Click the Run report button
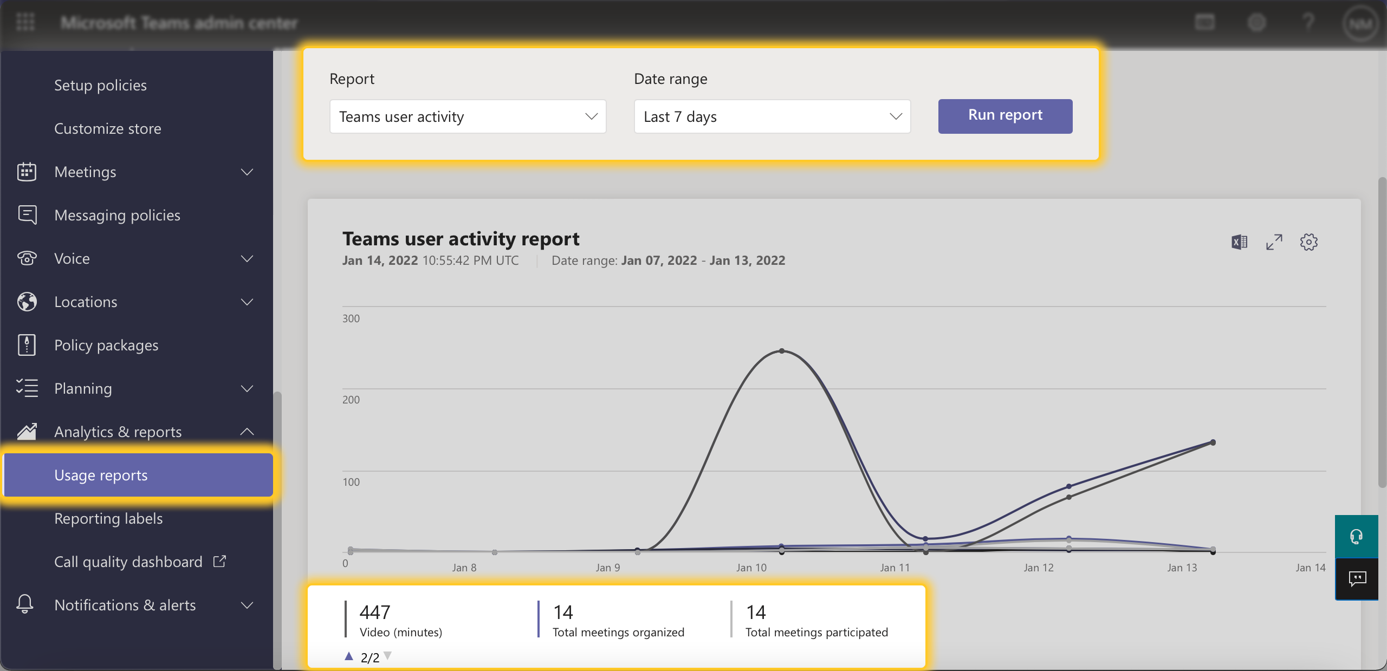pos(1005,116)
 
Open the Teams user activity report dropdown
pos(468,116)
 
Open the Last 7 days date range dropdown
pos(772,116)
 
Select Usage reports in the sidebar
pos(101,475)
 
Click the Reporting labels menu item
pos(108,518)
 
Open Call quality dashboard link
pos(128,562)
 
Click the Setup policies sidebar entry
pos(100,85)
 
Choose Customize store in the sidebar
pos(107,128)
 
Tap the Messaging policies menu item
pos(117,215)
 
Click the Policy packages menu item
pos(106,345)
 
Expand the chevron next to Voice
pos(247,258)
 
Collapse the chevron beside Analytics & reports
pos(247,432)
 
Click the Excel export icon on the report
pos(1239,242)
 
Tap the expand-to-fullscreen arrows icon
pos(1274,242)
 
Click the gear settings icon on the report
pos(1308,242)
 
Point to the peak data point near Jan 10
pos(782,351)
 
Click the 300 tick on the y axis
pos(351,318)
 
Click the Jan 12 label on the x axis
pos(1038,568)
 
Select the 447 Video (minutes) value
pos(375,613)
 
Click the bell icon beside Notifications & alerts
pos(25,604)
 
